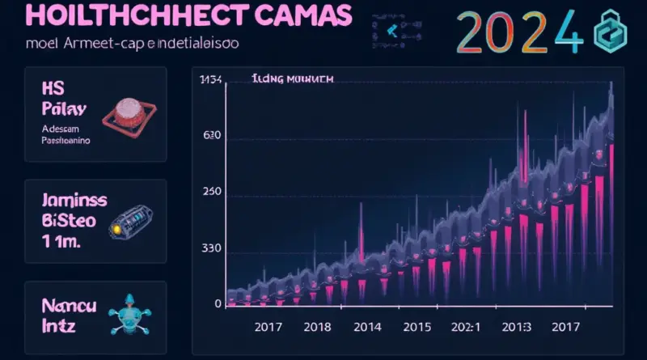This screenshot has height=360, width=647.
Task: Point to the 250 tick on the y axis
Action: tap(209, 192)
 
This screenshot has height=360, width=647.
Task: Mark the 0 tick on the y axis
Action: tap(218, 304)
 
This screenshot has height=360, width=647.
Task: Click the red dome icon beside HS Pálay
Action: tap(125, 113)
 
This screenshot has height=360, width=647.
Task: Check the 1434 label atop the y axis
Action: tap(210, 79)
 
